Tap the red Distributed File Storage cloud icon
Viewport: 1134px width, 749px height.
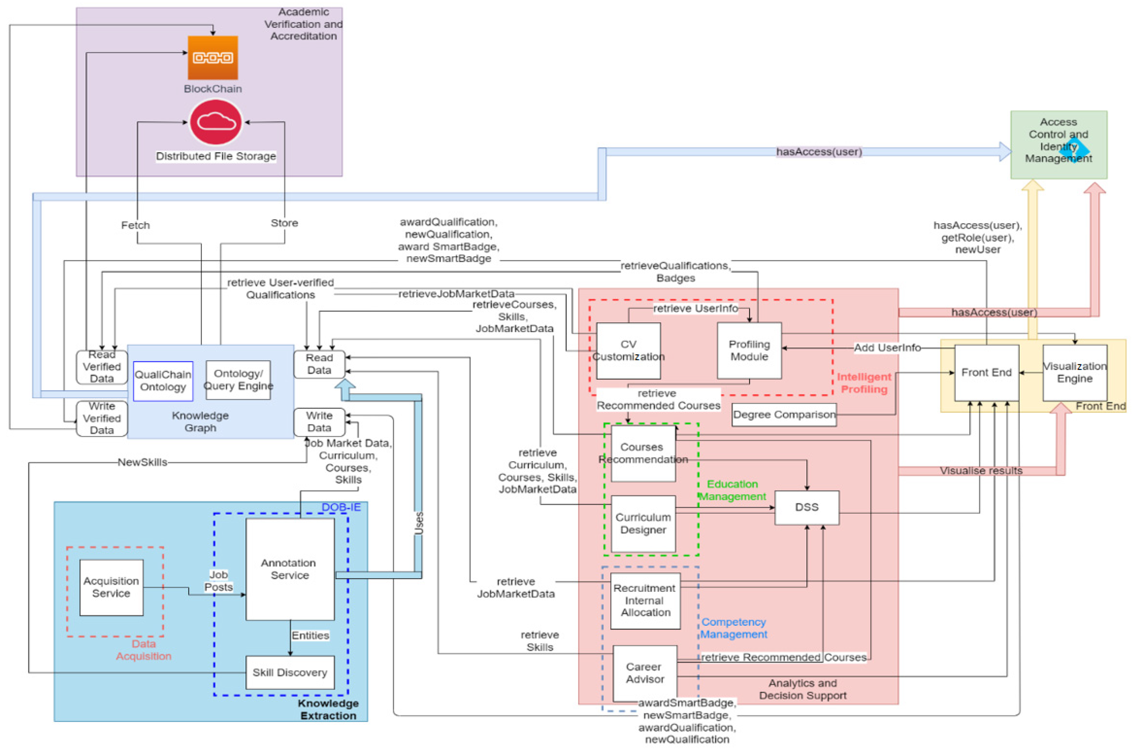coord(216,122)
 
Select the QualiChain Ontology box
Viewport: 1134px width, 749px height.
coord(163,381)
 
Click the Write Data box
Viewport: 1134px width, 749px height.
coord(319,422)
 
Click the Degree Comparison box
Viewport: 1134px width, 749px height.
coord(784,415)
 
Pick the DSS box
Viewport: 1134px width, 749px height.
coord(807,507)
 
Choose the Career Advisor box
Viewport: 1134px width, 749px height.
coord(645,673)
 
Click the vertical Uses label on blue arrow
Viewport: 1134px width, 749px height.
coord(419,523)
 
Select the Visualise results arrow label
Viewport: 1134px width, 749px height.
coord(981,470)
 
